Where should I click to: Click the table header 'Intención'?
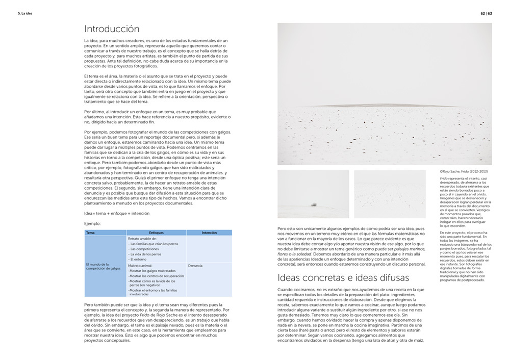tap(209, 233)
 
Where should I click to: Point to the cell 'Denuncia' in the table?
tap(195, 266)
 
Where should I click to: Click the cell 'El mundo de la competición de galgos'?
tap(104, 266)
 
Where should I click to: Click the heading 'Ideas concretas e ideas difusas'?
tap(343, 277)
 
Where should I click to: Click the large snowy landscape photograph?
tap(385, 94)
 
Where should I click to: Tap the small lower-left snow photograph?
tap(313, 194)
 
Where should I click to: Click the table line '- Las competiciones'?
tap(145, 249)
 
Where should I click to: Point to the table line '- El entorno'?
tap(138, 259)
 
